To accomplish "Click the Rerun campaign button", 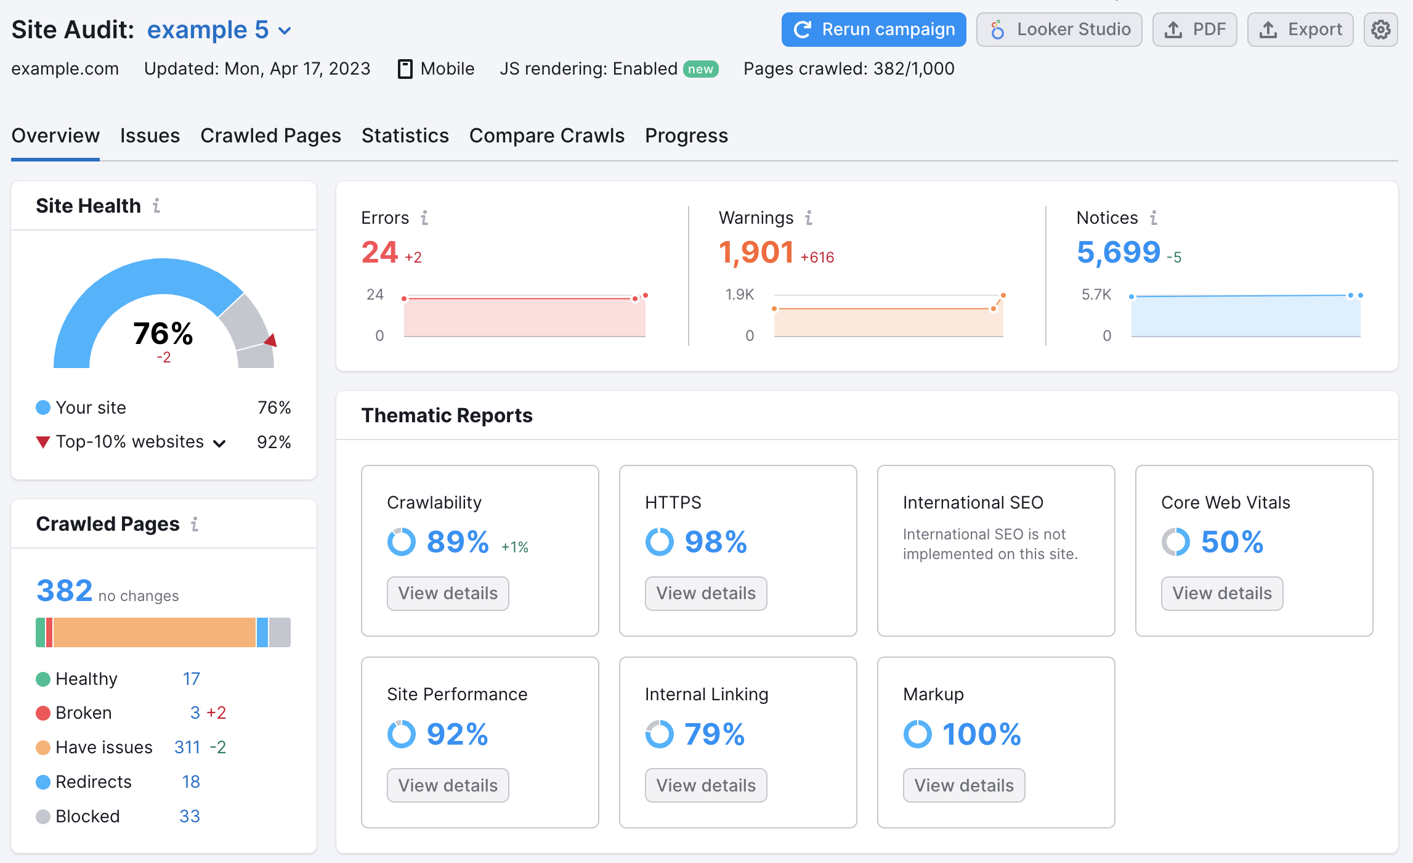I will pos(873,30).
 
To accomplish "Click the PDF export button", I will pos(1194,30).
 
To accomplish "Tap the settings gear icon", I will pos(1380,30).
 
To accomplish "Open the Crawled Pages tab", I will pos(270,136).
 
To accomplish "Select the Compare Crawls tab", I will pos(546,136).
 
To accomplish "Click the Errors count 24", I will pos(379,252).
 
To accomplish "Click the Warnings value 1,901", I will pos(756,252).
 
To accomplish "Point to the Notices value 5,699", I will pos(1118,252).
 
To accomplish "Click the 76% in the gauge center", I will pos(163,333).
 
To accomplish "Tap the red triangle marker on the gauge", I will pos(271,340).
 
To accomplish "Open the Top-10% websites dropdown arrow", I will pos(219,443).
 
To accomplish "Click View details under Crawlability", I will pos(448,594).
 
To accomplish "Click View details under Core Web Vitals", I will pos(1221,594).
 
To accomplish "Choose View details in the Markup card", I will pos(963,785).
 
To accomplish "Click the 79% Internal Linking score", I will pos(715,734).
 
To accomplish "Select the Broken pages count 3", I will pos(195,713).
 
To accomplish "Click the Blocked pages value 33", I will pos(190,817).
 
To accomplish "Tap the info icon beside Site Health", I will pos(156,205).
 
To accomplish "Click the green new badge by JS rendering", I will pos(700,69).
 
